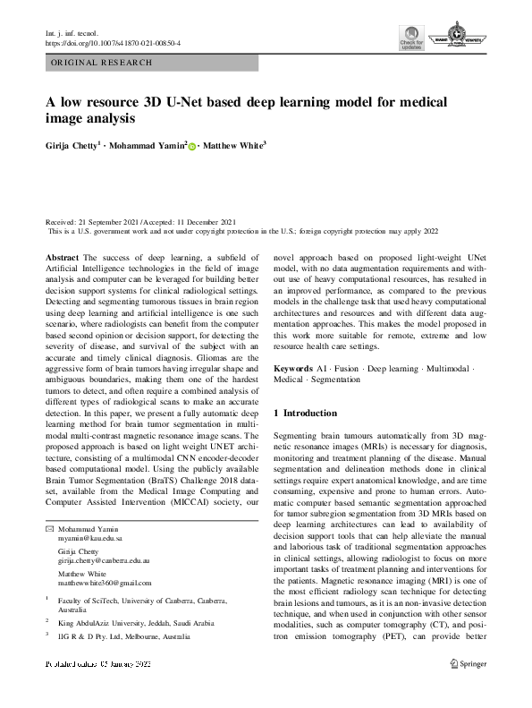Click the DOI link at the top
[113, 42]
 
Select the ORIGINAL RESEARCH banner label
[102, 63]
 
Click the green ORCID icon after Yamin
[190, 144]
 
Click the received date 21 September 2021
[111, 222]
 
